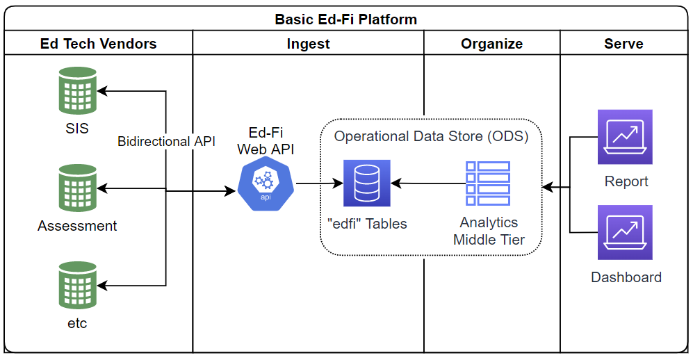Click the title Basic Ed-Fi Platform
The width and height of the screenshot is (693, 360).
(x=346, y=19)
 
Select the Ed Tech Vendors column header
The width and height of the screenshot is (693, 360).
(x=98, y=44)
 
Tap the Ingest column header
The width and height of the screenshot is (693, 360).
(x=308, y=44)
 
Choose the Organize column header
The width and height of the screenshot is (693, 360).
(x=491, y=44)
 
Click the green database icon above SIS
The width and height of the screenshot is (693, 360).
(x=77, y=91)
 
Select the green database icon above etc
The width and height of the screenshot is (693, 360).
(x=77, y=286)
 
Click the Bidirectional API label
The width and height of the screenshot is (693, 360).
(x=166, y=142)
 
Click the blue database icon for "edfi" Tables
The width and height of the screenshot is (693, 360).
(x=367, y=183)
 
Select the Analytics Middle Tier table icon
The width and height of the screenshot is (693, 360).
(x=488, y=183)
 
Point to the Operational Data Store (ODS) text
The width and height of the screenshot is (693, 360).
(x=431, y=136)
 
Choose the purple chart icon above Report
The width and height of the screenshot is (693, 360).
(x=625, y=137)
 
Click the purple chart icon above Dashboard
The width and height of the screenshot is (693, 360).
(x=625, y=232)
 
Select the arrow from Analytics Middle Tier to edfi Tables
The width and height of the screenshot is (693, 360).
(x=428, y=184)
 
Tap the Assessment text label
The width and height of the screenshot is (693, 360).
(x=77, y=226)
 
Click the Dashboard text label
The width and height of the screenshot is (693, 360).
(x=626, y=277)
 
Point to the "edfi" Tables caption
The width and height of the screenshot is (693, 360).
(x=367, y=224)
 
